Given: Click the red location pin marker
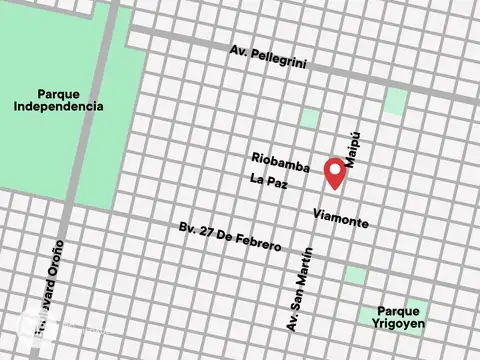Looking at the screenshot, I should click(335, 171).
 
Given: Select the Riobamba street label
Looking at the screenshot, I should click(281, 161).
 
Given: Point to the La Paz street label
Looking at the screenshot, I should click(265, 182).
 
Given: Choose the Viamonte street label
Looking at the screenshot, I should click(340, 218).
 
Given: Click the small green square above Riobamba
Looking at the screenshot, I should click(309, 119).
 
